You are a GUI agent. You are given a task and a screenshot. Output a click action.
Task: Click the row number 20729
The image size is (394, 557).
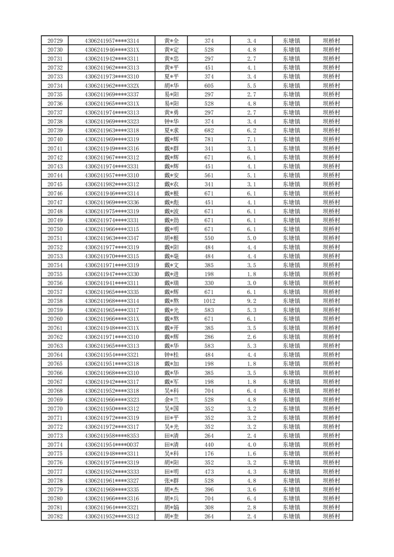tap(55, 41)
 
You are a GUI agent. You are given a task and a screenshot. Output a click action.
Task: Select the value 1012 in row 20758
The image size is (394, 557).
tap(209, 300)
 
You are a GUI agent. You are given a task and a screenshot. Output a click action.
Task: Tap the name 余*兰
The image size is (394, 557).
tap(171, 400)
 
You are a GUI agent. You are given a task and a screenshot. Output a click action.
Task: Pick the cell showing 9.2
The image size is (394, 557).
tap(252, 300)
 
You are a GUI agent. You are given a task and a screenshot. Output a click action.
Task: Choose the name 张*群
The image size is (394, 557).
tap(171, 481)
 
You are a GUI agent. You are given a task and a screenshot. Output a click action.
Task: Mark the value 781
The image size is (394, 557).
tap(209, 139)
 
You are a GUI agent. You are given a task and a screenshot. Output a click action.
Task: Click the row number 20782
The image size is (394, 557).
tap(55, 516)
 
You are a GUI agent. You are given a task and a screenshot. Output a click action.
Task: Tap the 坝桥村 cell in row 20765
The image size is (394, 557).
tap(331, 363)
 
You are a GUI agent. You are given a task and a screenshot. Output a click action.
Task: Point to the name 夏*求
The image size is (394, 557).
tap(171, 131)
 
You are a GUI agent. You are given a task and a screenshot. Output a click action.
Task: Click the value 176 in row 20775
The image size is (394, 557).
tap(209, 454)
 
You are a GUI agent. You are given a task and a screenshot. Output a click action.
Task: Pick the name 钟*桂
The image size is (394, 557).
tap(171, 354)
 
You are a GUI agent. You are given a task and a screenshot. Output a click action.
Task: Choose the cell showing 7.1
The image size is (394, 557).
tap(252, 139)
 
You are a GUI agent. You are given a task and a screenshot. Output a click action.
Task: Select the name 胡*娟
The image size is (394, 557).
tap(171, 507)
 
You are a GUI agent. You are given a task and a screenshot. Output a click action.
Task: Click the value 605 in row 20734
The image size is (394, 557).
tap(209, 85)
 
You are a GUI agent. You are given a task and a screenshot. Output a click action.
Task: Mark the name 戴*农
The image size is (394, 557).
tap(171, 184)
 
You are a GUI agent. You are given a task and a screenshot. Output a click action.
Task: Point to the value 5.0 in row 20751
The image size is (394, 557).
tap(252, 238)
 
